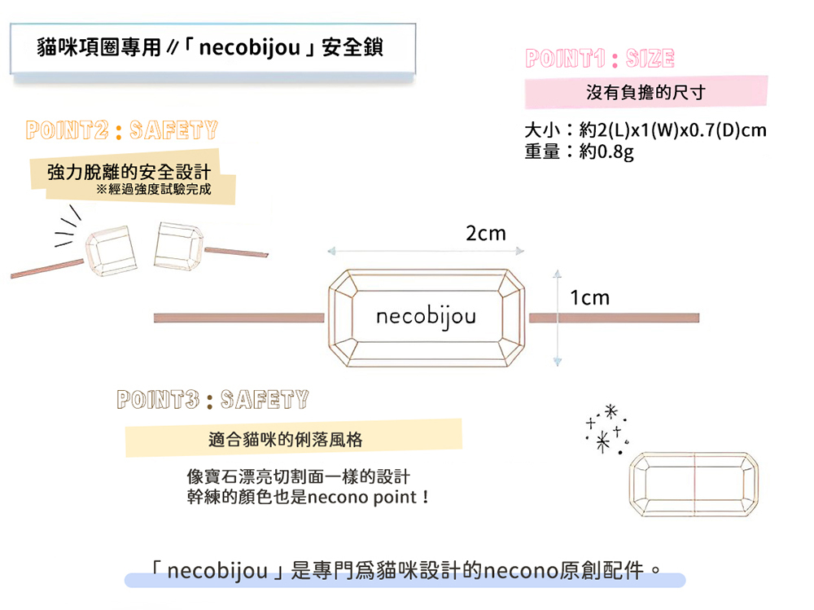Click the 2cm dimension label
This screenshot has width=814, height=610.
point(485,233)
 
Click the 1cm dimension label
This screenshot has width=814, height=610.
point(589,298)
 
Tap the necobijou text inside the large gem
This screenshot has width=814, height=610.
point(426,317)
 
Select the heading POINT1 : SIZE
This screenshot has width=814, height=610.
point(600,58)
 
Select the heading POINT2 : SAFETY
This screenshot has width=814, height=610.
point(121,129)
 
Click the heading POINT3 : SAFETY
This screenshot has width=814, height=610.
point(212,400)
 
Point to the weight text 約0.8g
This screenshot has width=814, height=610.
point(606,151)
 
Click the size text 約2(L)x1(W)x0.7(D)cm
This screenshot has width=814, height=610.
point(673,129)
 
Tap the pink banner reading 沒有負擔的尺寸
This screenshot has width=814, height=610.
point(646,93)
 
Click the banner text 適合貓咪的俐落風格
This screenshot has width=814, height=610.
point(285,440)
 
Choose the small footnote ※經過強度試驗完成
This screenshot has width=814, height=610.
point(154,189)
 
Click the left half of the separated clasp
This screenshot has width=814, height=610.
point(111,251)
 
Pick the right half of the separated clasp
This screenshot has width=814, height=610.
point(178,246)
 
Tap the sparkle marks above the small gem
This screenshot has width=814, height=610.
point(606,428)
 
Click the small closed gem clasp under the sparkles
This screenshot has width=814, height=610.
point(694,485)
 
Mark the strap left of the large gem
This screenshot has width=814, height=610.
point(239,318)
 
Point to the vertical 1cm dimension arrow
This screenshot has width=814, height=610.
point(558,318)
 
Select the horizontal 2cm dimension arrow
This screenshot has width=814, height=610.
point(426,252)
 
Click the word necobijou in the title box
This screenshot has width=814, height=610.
point(250,48)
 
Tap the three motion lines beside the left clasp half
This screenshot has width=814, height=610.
point(68,226)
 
